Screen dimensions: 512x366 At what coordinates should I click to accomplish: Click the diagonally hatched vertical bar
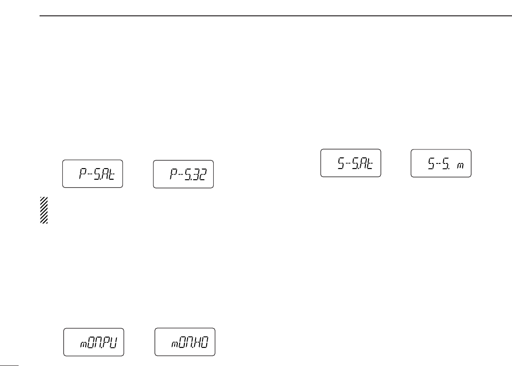(x=44, y=210)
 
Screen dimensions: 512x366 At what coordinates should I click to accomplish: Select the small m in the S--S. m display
(x=460, y=165)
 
